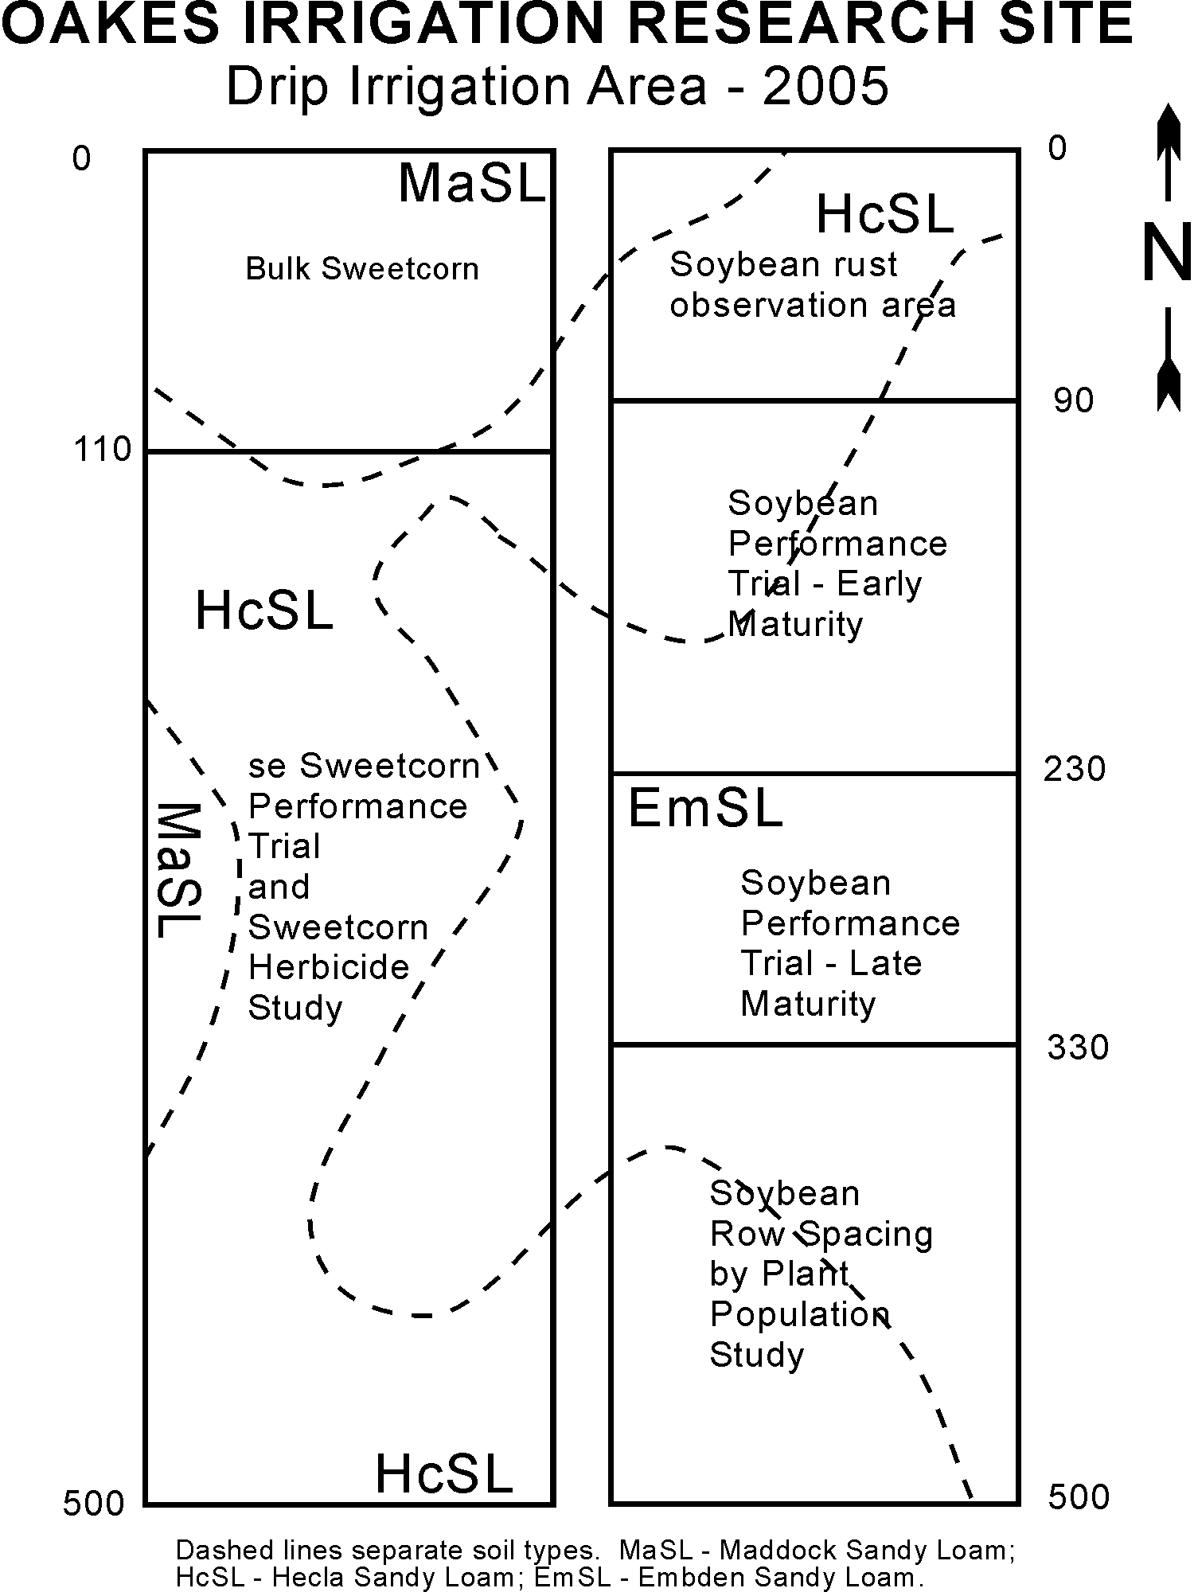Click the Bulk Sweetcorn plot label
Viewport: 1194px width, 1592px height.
coord(362,269)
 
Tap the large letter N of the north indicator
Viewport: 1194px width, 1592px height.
coord(1167,252)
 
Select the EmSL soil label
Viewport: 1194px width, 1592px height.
coord(705,809)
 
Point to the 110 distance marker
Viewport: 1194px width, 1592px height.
coord(103,450)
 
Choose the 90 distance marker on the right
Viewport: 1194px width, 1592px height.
coord(1074,400)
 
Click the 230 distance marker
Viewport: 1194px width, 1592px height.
coord(1075,769)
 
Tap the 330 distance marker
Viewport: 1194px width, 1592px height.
coord(1078,1048)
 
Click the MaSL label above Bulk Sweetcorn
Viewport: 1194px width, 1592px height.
coord(472,183)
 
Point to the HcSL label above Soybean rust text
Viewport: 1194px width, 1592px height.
coord(885,214)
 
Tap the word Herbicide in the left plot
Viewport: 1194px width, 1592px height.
coord(329,967)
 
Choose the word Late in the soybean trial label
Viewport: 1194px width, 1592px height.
coord(886,963)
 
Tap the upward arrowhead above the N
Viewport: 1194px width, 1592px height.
coord(1168,124)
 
